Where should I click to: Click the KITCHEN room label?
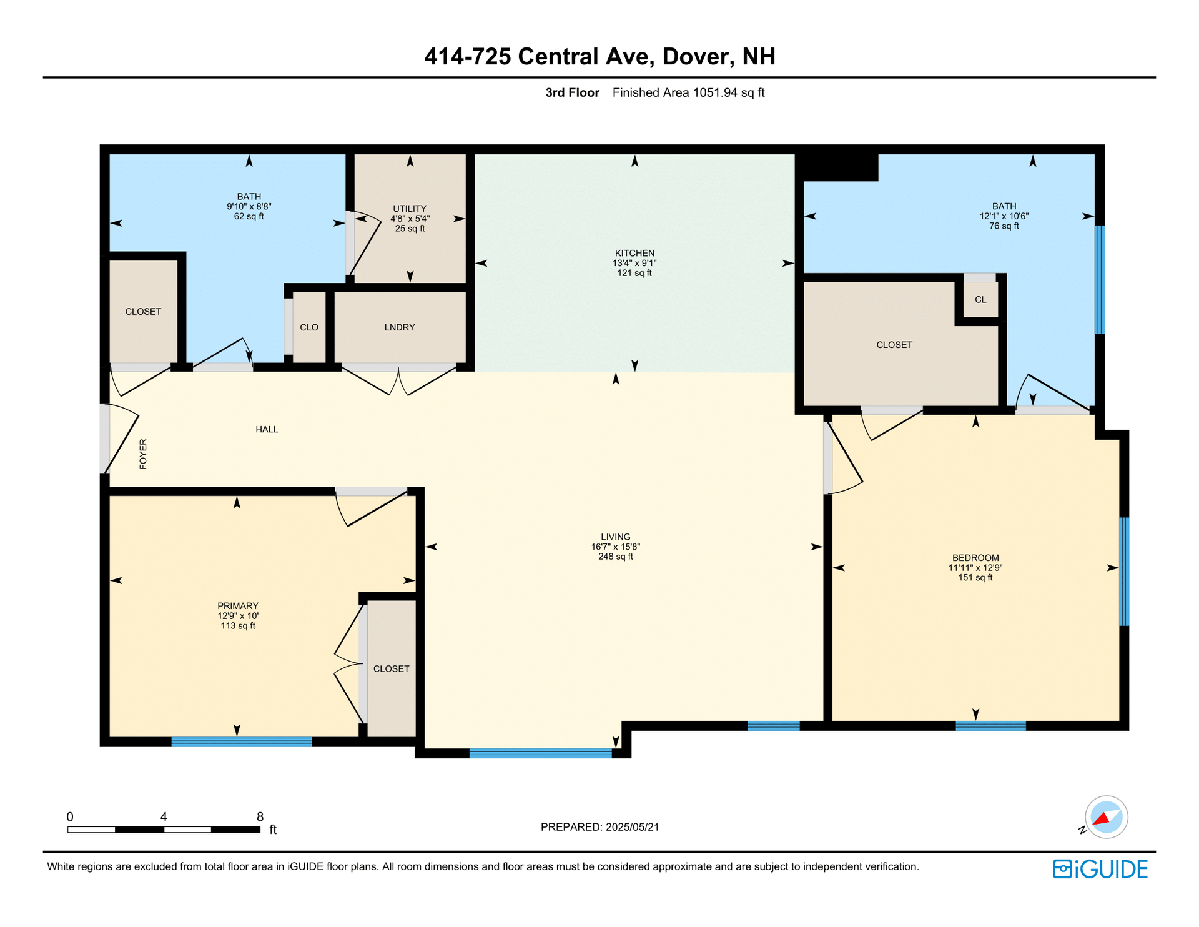tap(634, 253)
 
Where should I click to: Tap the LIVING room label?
tap(616, 537)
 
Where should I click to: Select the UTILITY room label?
tap(410, 209)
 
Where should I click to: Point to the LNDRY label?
tap(400, 327)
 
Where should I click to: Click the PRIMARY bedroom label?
tap(238, 606)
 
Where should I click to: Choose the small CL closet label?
tap(980, 300)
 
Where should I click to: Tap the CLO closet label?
tap(309, 327)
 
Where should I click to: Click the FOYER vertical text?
tap(143, 454)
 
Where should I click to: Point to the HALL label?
tap(267, 429)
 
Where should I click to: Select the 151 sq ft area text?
tap(975, 578)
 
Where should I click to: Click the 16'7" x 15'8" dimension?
tap(616, 547)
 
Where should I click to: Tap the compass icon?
tap(1106, 817)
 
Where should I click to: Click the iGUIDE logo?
tap(1100, 869)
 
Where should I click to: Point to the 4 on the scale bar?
tap(164, 816)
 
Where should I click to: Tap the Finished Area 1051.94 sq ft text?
tap(689, 93)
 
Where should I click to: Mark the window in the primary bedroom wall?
tap(242, 741)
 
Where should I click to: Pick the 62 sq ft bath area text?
tap(249, 217)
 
